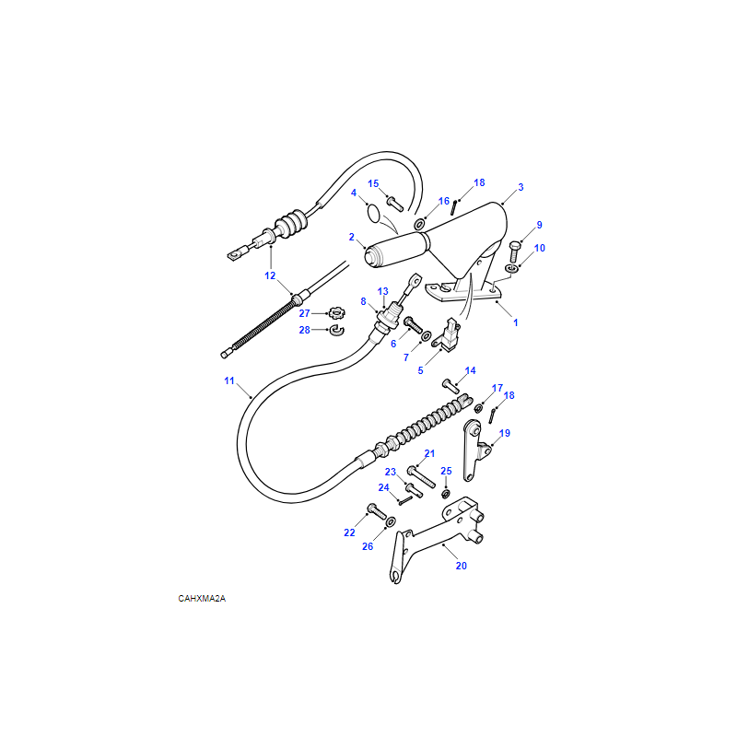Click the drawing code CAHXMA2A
point(202,598)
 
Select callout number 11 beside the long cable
point(228,380)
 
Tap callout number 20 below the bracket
point(462,566)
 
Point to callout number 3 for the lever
point(521,187)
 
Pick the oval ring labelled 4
point(374,214)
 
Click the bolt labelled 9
point(514,252)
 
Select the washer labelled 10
point(511,268)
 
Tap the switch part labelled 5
point(447,334)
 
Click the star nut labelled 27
point(336,312)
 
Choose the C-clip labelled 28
point(337,331)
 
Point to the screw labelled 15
point(395,204)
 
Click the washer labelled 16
point(419,224)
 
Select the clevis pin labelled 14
point(450,386)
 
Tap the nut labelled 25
point(446,494)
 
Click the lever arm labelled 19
point(474,450)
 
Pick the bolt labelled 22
point(377,511)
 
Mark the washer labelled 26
point(391,521)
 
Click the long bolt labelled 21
point(422,476)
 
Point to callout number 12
point(270,275)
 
